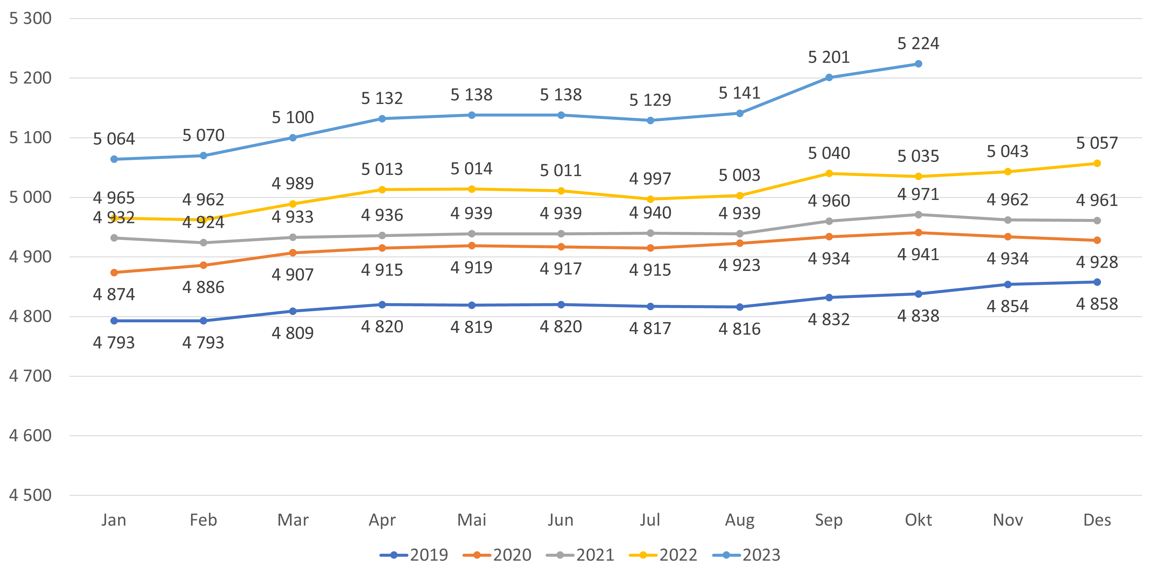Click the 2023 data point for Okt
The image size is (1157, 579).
918,64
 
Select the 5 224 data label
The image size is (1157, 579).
918,44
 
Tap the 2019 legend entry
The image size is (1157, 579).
414,555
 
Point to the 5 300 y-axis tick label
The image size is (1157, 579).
30,18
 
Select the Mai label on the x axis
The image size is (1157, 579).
472,520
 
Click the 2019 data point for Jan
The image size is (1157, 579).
114,321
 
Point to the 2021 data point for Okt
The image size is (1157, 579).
918,215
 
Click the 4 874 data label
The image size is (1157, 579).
114,294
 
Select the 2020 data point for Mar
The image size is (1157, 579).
293,253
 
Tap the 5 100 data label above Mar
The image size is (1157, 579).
293,117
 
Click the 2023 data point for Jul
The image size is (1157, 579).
650,121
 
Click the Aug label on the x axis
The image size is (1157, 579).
739,520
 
